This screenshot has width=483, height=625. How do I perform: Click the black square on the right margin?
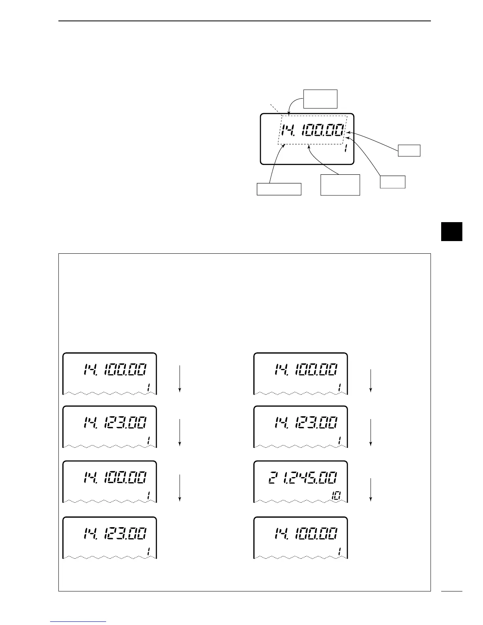click(x=451, y=231)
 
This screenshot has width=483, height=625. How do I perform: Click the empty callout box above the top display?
click(x=320, y=99)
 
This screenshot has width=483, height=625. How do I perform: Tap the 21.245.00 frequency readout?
click(x=303, y=478)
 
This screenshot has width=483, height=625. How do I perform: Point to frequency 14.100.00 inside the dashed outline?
click(x=313, y=130)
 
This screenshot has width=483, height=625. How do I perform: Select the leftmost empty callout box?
click(x=279, y=189)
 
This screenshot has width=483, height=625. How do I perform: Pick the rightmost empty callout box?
click(x=409, y=150)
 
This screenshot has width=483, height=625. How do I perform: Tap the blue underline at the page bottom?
click(x=79, y=621)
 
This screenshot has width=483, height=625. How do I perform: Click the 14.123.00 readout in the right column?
click(x=306, y=423)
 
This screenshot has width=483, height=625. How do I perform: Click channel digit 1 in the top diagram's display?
click(x=346, y=149)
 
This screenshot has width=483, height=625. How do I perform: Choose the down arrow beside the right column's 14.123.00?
click(x=371, y=432)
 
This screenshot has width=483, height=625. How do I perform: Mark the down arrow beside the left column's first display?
click(x=180, y=378)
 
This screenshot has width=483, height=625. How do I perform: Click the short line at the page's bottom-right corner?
click(x=451, y=591)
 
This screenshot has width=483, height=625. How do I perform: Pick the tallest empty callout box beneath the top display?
click(x=340, y=185)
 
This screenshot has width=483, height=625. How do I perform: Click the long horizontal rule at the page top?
click(x=245, y=21)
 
